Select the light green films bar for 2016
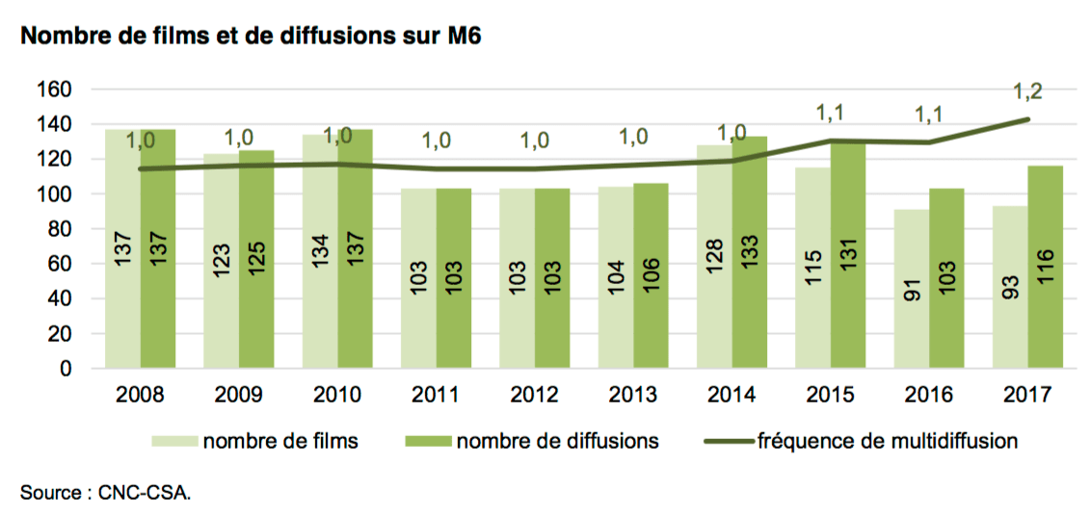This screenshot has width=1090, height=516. click(x=912, y=289)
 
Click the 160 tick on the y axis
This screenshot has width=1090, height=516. click(x=61, y=90)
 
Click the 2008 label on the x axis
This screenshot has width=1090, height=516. click(x=139, y=395)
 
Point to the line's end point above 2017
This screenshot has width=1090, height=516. click(x=1028, y=119)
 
